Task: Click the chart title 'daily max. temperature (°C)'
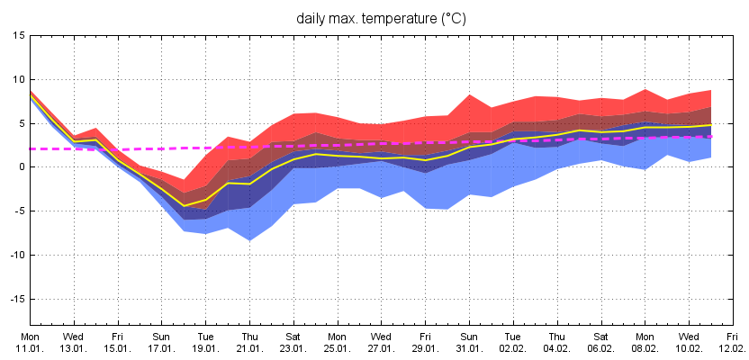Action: pos(383,18)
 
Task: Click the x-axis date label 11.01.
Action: pos(30,347)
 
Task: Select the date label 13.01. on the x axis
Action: pos(74,347)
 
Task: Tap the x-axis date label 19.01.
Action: pos(206,347)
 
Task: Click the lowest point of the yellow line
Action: pos(185,206)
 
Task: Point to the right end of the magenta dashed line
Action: pos(711,137)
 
